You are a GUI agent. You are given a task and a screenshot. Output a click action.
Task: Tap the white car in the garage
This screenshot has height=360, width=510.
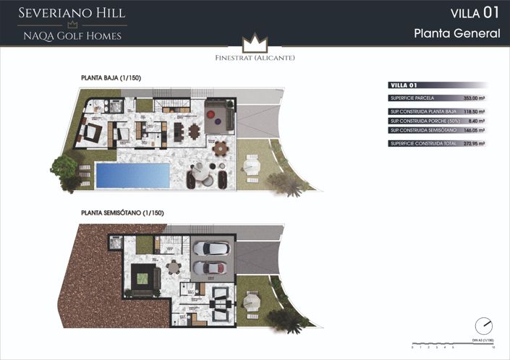pos(211,249)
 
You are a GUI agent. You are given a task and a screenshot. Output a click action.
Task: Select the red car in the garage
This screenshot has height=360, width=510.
pos(211,268)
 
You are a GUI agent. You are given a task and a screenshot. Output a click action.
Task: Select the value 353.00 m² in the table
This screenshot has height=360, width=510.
pos(473,98)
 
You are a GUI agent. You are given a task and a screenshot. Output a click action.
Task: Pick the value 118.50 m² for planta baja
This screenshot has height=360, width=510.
pos(473,111)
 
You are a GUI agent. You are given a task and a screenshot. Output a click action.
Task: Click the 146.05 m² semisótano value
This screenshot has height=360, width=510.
pos(473,130)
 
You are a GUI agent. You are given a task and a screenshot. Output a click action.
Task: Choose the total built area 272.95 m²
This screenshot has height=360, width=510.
pos(473,143)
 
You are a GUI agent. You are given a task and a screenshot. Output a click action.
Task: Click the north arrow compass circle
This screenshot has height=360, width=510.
pos(484,325)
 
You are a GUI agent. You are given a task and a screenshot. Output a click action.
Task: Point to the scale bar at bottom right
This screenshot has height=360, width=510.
pos(452,343)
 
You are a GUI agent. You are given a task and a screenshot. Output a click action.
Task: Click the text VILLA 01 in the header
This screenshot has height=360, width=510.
pos(475,13)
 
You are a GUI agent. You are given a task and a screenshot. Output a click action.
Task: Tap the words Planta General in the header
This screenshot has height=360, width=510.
pos(457,33)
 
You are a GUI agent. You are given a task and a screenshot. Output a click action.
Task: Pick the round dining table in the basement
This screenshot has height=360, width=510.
pos(173,267)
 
